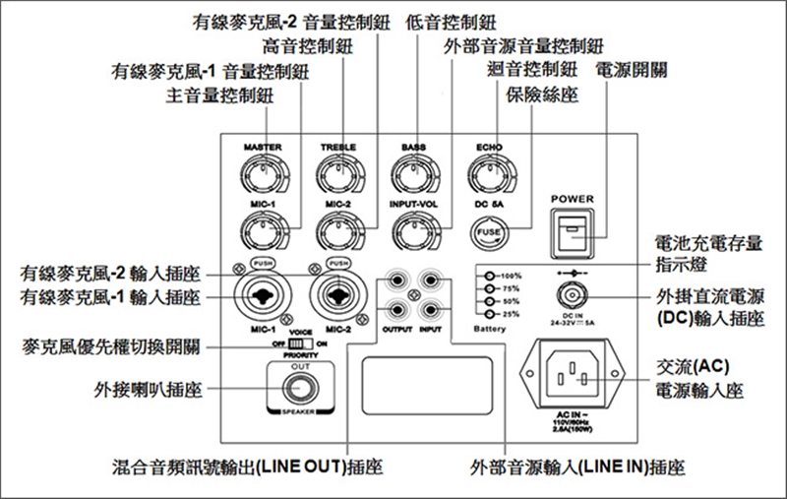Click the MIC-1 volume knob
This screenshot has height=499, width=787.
[261, 232]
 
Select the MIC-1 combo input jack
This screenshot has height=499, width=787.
[262, 294]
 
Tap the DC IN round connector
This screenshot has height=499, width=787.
[572, 294]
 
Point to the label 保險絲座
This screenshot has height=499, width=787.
[541, 94]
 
